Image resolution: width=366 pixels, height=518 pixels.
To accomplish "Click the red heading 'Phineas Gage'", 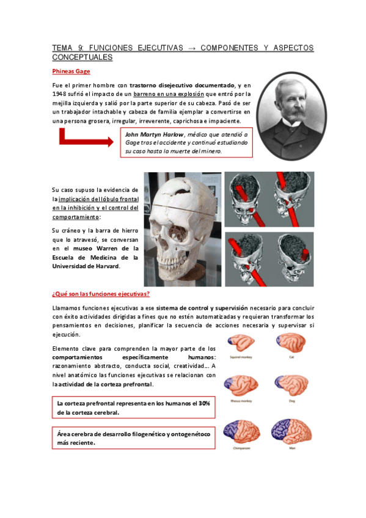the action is (71, 71).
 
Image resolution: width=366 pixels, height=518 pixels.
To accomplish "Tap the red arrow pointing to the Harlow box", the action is (85, 142).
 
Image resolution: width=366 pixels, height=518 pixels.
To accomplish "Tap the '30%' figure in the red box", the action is (203, 403).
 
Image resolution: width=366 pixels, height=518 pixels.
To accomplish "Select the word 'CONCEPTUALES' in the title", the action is (82, 57).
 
